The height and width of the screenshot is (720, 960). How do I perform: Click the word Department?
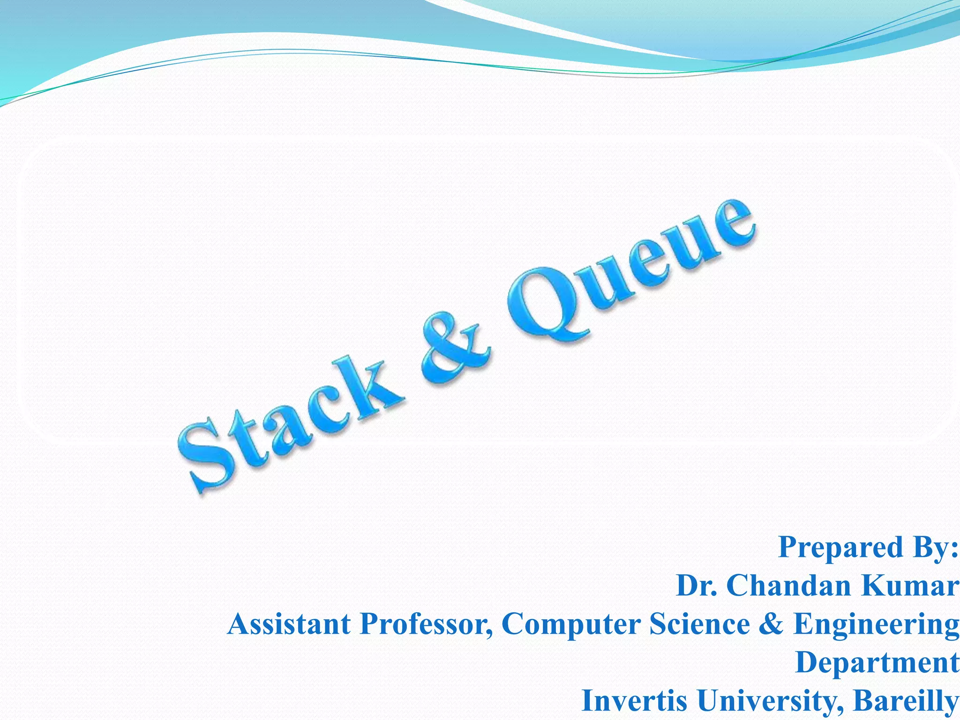point(877,663)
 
